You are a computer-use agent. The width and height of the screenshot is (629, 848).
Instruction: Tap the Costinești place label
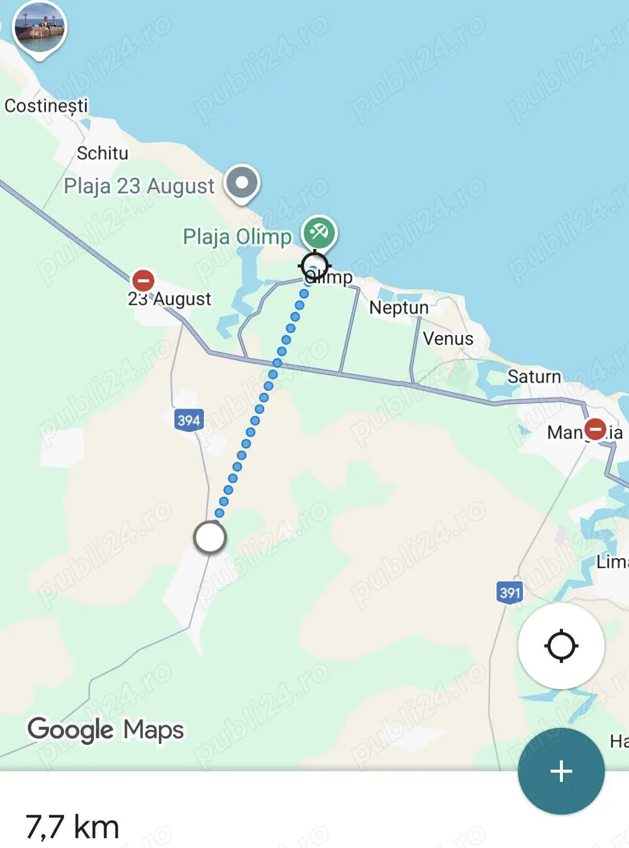coord(46,106)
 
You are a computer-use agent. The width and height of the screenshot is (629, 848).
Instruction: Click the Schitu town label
coord(102,153)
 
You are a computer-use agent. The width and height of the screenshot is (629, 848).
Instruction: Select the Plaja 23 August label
coord(139,186)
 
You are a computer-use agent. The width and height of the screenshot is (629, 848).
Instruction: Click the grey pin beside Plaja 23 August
coord(242,184)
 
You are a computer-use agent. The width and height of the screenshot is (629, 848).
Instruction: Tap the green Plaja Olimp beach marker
coord(319,233)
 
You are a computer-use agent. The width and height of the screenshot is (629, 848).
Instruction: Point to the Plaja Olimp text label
coord(237,237)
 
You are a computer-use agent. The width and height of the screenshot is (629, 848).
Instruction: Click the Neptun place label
coord(399,307)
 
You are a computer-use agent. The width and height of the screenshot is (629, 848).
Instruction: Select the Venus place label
coord(448,339)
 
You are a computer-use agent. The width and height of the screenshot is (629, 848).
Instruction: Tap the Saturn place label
coord(534,377)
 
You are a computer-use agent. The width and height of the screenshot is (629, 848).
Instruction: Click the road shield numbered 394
coord(189,420)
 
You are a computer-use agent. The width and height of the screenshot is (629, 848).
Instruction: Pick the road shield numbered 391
coord(509,592)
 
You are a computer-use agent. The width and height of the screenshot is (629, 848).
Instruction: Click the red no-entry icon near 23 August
coord(143,280)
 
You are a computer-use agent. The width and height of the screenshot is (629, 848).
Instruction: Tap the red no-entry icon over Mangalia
coord(595,429)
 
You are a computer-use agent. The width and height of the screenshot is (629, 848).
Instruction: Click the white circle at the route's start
coord(209,537)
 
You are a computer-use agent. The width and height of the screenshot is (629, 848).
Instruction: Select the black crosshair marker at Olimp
coord(314,266)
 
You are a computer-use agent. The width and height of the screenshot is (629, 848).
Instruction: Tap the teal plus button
coord(561,771)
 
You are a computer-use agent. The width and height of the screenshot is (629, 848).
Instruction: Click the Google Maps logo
coord(106,730)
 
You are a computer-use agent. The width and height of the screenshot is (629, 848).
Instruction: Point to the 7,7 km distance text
coord(72,827)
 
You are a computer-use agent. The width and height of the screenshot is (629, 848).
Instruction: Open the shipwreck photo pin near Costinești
coord(40,28)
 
